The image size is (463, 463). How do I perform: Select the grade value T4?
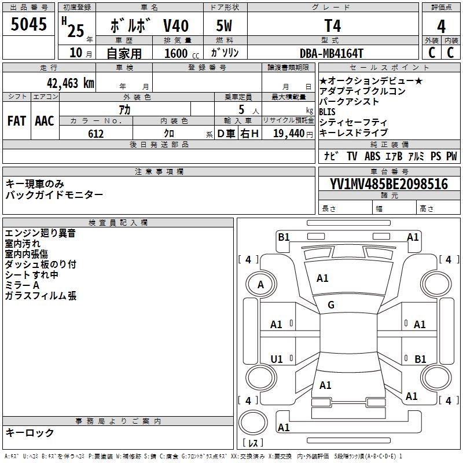(x=332, y=26)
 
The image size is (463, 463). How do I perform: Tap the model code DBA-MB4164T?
(x=332, y=53)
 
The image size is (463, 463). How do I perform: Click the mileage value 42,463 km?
(x=68, y=83)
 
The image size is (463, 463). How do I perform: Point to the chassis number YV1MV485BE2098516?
(x=388, y=184)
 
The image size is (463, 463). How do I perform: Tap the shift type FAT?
(x=17, y=121)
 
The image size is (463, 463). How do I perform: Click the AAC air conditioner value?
(x=45, y=121)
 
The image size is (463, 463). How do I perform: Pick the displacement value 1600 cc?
(x=177, y=53)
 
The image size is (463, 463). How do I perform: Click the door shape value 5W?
(x=225, y=26)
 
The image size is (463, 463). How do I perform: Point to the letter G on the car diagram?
(x=331, y=305)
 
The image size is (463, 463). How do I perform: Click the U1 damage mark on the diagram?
(x=277, y=359)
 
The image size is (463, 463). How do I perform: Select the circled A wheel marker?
(x=260, y=285)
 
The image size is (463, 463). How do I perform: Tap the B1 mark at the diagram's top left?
(x=284, y=237)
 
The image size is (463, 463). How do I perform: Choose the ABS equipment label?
(x=372, y=156)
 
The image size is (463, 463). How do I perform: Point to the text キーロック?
(x=30, y=432)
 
